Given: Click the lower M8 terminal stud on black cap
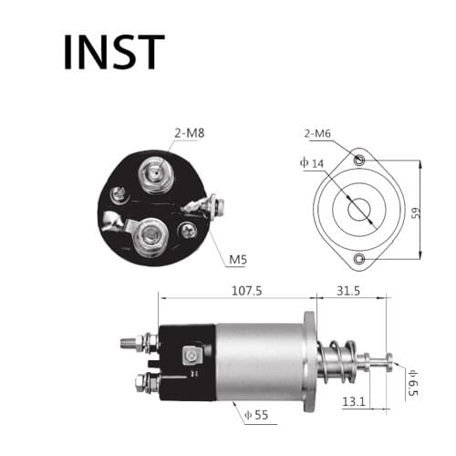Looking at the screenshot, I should click(147, 240).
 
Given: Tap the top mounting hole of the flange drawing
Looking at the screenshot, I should click(362, 161).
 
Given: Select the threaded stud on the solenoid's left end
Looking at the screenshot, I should click(130, 344).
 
